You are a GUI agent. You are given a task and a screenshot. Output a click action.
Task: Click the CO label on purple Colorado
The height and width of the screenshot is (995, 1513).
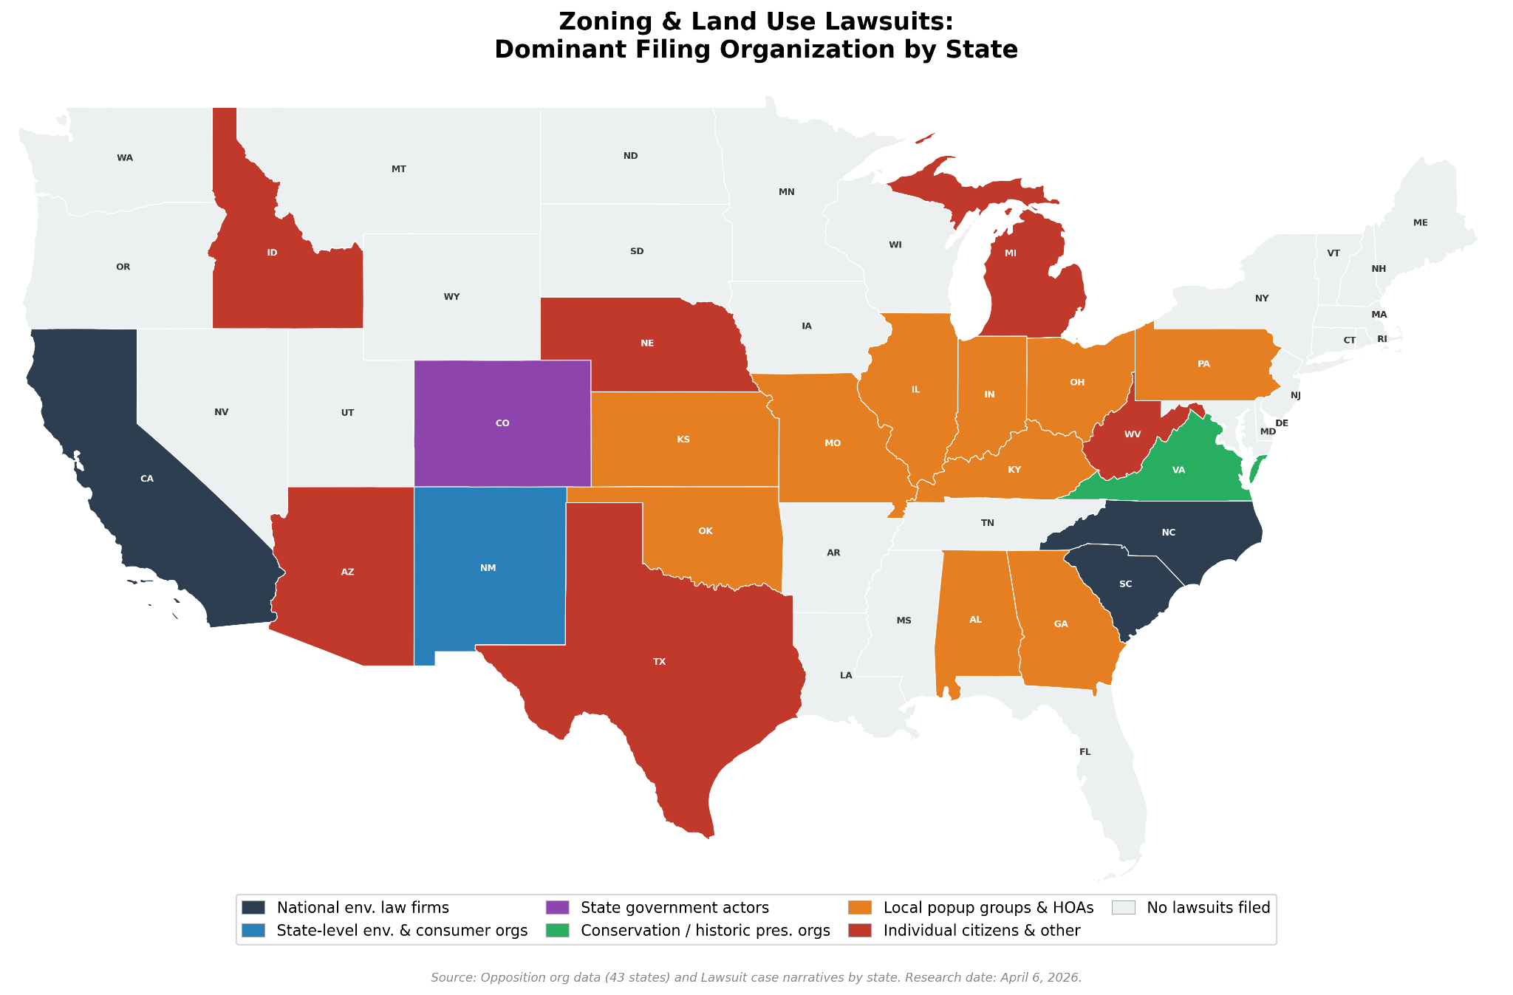(x=502, y=423)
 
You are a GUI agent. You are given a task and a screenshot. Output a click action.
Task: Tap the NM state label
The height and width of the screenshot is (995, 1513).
(x=488, y=568)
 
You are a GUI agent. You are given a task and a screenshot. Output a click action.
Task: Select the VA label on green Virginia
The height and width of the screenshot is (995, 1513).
(x=1178, y=470)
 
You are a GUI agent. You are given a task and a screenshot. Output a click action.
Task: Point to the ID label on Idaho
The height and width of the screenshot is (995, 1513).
(x=272, y=253)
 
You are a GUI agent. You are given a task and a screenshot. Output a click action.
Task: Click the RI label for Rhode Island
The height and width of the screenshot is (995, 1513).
(x=1381, y=339)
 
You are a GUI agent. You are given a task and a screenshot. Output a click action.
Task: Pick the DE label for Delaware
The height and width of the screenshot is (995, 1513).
(x=1282, y=423)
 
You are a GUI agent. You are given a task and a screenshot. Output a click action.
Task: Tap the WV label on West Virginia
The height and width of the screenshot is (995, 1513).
(x=1133, y=434)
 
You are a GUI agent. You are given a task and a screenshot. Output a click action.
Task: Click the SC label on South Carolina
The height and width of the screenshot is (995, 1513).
(x=1125, y=584)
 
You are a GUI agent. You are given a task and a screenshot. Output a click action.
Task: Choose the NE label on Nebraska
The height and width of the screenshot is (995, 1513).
(x=647, y=343)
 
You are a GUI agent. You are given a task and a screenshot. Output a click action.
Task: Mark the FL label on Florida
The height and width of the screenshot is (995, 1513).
(x=1085, y=752)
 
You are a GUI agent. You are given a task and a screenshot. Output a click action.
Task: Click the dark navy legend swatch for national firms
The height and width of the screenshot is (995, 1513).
(x=253, y=907)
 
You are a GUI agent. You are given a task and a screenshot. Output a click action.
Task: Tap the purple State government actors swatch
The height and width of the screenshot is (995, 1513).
(x=557, y=907)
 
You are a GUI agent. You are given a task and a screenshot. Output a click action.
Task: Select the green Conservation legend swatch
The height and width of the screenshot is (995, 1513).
(x=557, y=930)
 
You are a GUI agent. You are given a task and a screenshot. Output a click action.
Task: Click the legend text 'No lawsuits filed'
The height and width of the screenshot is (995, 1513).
(x=1208, y=907)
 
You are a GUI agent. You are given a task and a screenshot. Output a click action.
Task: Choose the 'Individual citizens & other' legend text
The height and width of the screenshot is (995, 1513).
(x=981, y=930)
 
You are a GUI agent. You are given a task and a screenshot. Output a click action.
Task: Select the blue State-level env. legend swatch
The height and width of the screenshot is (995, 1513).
(x=253, y=930)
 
